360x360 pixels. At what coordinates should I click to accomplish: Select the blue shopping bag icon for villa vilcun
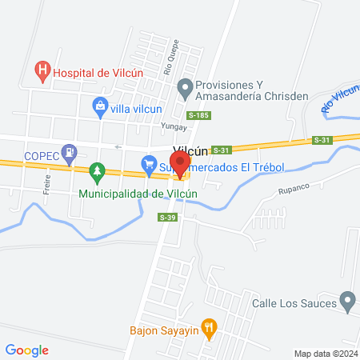[x=100, y=105]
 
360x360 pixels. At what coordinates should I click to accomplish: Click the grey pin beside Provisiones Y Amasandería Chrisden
[x=185, y=86]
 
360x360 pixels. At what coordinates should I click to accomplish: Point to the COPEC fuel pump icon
[x=72, y=150]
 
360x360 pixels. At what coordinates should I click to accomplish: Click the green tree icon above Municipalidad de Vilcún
[x=97, y=170]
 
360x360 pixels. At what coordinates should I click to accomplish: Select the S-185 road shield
[x=200, y=116]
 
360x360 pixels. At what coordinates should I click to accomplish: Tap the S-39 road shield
[x=167, y=218]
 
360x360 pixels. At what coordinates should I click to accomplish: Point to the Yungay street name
[x=175, y=126]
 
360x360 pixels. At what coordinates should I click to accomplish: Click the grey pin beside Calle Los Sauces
[x=346, y=302]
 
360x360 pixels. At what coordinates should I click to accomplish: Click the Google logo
[x=27, y=350]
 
